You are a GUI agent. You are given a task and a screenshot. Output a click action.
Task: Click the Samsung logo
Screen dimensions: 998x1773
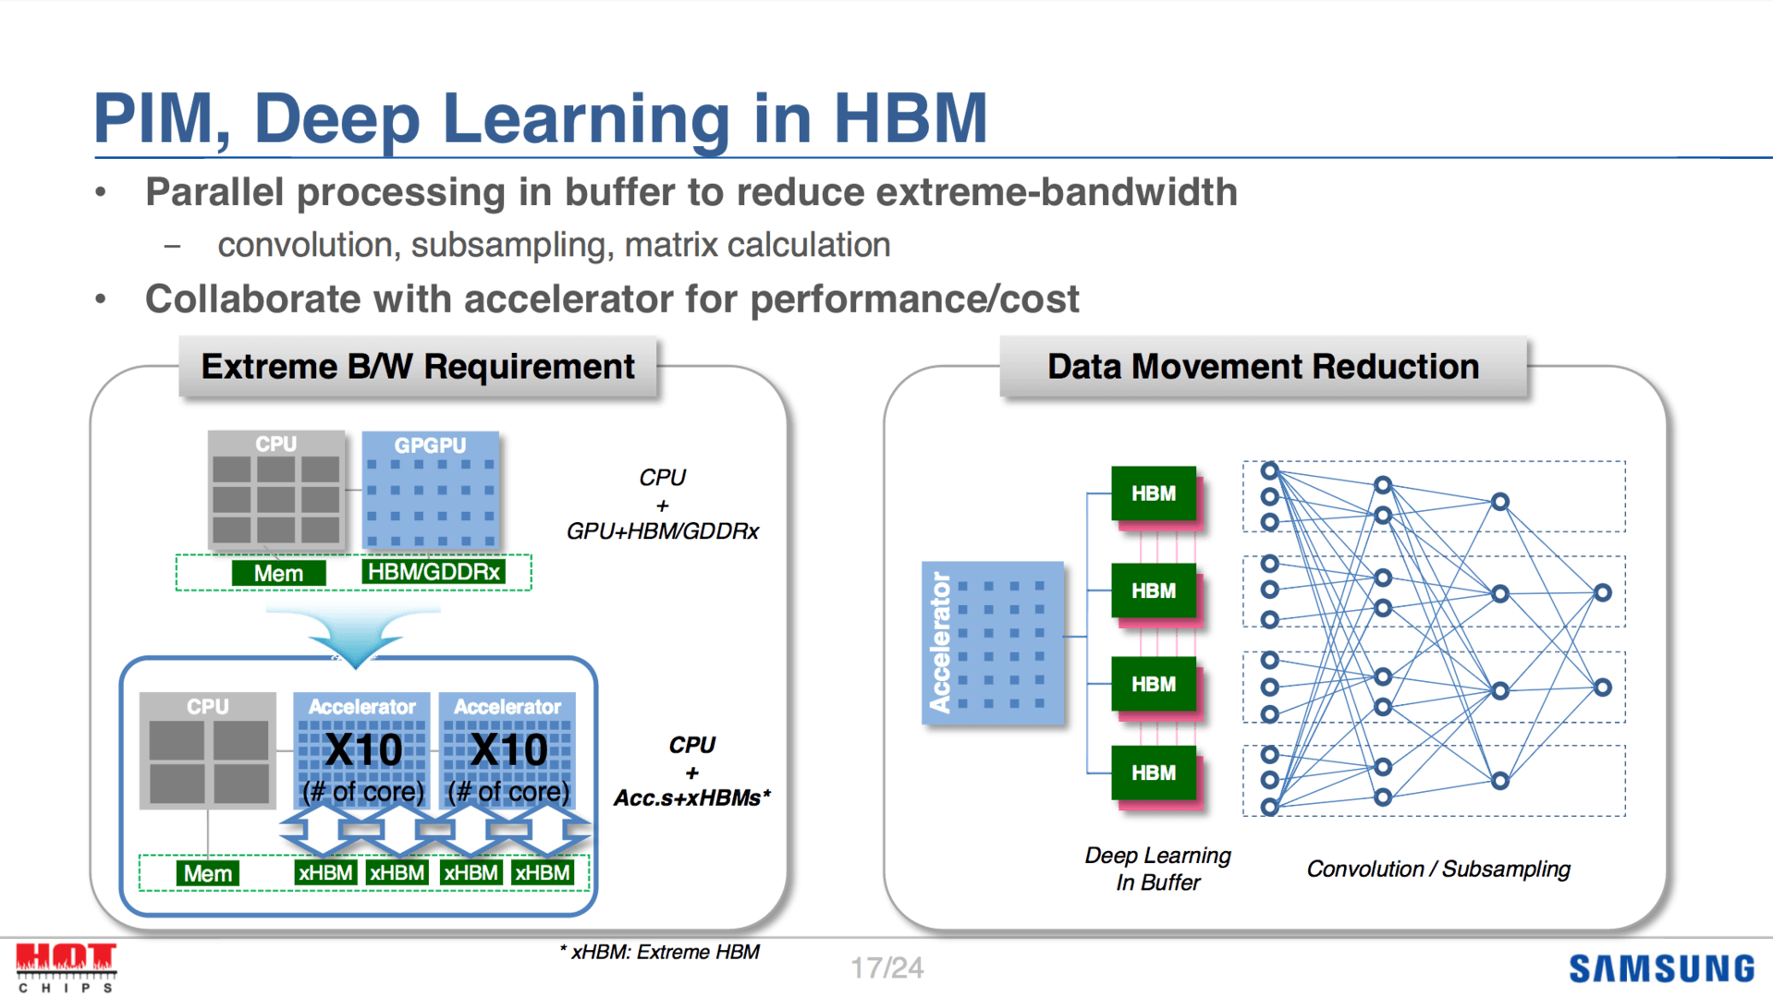tap(1661, 968)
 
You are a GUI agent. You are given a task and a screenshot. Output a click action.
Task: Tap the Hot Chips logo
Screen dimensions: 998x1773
tap(66, 967)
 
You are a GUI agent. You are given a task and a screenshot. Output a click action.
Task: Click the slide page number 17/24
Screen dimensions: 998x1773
tap(886, 968)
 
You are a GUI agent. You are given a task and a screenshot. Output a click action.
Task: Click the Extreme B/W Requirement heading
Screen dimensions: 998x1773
tap(418, 367)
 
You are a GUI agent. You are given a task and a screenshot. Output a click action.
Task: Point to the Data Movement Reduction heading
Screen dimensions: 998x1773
tap(1263, 367)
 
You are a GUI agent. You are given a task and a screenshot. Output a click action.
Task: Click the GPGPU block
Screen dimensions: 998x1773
tap(431, 492)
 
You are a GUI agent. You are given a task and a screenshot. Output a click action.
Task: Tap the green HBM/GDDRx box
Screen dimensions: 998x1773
tap(434, 572)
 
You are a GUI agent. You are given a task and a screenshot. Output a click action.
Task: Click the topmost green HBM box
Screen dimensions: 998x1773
tap(1154, 493)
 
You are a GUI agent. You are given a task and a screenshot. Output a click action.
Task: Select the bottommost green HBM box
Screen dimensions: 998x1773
tap(1154, 773)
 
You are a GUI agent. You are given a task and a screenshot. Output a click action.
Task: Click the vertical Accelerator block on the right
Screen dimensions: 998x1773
tap(993, 642)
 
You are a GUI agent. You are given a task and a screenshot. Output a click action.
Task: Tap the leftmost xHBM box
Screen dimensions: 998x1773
tap(325, 872)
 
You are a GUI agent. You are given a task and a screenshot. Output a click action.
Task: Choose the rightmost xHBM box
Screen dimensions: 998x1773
tap(543, 872)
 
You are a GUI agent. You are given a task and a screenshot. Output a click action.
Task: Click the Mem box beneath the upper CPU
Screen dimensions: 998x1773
tap(278, 573)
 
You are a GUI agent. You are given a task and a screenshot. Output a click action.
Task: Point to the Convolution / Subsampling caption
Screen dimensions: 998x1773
tap(1437, 869)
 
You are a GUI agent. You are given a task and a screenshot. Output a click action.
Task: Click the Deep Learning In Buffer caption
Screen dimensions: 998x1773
tap(1157, 869)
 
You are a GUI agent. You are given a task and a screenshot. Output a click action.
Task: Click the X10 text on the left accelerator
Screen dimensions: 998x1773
tap(363, 749)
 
